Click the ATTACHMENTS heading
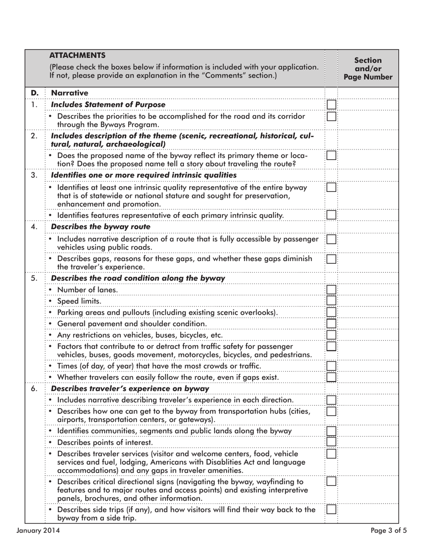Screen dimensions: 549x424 tap(77, 55)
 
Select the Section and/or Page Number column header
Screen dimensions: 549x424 tap(368, 68)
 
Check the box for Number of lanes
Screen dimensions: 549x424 tap(331, 290)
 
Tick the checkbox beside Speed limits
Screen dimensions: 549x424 tap(331, 301)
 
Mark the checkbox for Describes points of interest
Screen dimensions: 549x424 tap(331, 442)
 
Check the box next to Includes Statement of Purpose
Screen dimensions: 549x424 tap(331, 104)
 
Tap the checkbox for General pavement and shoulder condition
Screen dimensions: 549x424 tap(331, 324)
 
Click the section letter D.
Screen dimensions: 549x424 tap(35, 93)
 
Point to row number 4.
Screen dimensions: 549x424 tap(34, 227)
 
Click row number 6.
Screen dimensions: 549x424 tap(34, 389)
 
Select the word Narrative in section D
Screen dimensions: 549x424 tap(69, 93)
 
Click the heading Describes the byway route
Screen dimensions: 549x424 tap(100, 227)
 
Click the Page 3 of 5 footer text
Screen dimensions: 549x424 tap(388, 531)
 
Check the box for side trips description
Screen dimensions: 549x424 tap(331, 509)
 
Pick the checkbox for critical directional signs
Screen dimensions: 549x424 tap(331, 481)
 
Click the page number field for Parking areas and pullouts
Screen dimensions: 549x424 tap(368, 312)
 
